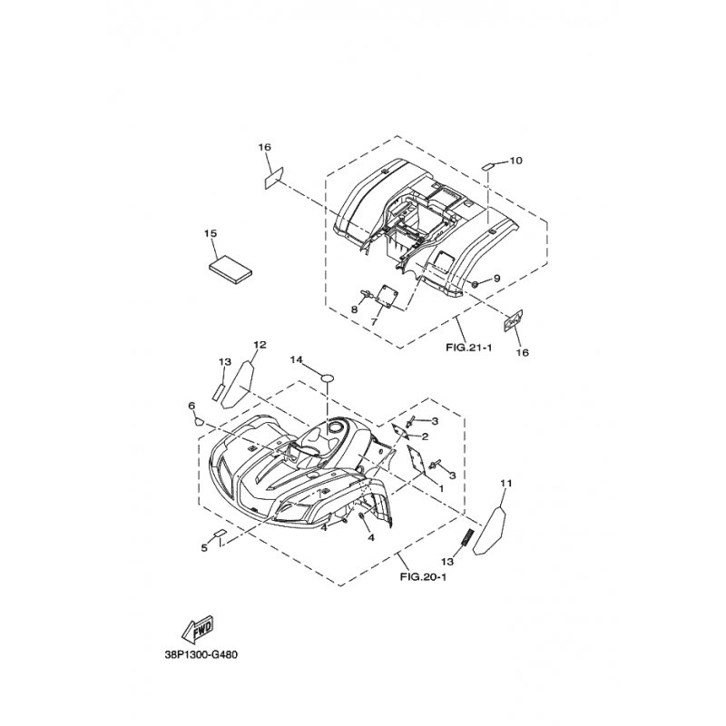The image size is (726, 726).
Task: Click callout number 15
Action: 211,234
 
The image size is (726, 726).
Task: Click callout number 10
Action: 515,161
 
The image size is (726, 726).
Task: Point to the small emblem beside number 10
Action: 486,166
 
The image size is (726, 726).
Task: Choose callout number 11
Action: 506,483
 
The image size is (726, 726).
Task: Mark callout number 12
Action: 260,345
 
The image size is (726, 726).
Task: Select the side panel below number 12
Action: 239,379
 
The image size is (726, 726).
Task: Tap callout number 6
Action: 191,405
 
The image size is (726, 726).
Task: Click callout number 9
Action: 497,278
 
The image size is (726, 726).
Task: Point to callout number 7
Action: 374,321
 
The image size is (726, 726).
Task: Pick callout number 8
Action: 355,310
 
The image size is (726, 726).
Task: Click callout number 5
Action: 205,547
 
